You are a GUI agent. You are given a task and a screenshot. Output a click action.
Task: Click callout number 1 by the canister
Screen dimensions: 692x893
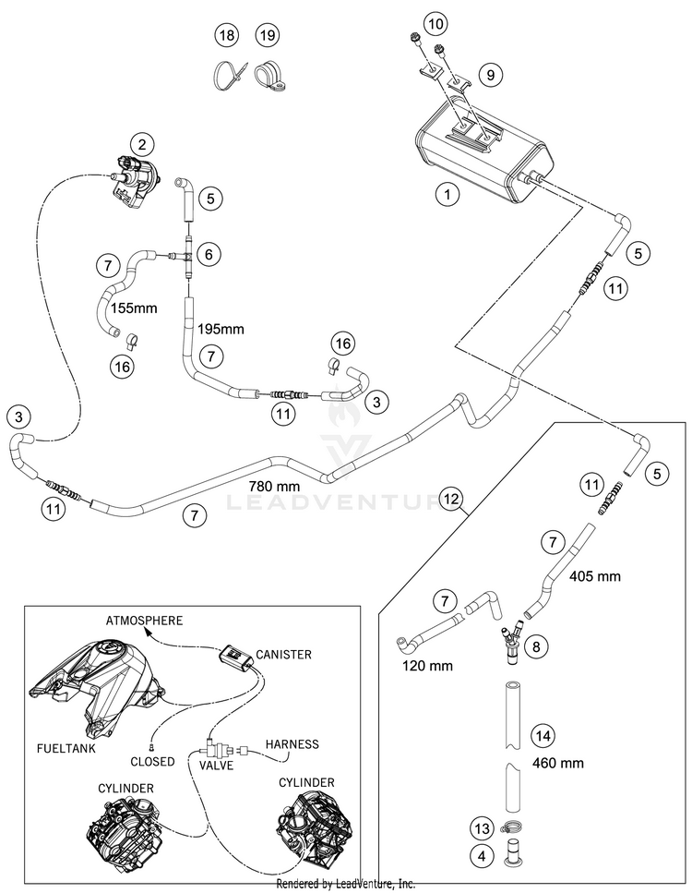447,195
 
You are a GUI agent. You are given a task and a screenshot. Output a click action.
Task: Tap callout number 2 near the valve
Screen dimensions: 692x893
142,144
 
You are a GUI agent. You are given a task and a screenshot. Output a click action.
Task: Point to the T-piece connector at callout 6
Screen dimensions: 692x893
186,255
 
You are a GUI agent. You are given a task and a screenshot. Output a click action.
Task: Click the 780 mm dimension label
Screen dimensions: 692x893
274,487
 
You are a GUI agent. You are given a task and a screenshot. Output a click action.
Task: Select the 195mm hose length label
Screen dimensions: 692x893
221,329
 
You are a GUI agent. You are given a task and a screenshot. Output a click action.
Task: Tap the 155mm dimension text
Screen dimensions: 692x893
134,308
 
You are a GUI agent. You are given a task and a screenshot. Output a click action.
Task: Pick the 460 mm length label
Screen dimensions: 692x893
557,763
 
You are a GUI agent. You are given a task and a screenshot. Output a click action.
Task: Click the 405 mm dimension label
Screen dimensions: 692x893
595,575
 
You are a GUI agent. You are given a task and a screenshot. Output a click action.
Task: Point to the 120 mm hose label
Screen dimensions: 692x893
427,665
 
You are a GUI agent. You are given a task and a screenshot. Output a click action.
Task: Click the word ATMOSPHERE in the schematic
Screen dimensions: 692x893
145,621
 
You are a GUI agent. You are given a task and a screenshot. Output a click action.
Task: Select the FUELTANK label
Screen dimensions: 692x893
66,748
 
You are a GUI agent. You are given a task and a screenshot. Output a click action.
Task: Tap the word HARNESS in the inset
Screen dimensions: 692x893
292,743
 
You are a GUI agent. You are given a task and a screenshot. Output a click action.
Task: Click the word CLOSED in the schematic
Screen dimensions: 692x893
152,762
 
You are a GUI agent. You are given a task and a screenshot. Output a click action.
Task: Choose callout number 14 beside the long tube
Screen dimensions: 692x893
543,735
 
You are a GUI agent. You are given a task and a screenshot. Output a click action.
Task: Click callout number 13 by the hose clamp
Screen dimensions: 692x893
482,828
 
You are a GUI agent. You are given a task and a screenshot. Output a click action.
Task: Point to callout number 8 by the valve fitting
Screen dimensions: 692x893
536,646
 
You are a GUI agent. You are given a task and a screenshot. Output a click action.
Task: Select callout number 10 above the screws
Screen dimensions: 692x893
435,24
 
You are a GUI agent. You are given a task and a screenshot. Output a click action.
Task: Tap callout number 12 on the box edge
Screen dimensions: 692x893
450,499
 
